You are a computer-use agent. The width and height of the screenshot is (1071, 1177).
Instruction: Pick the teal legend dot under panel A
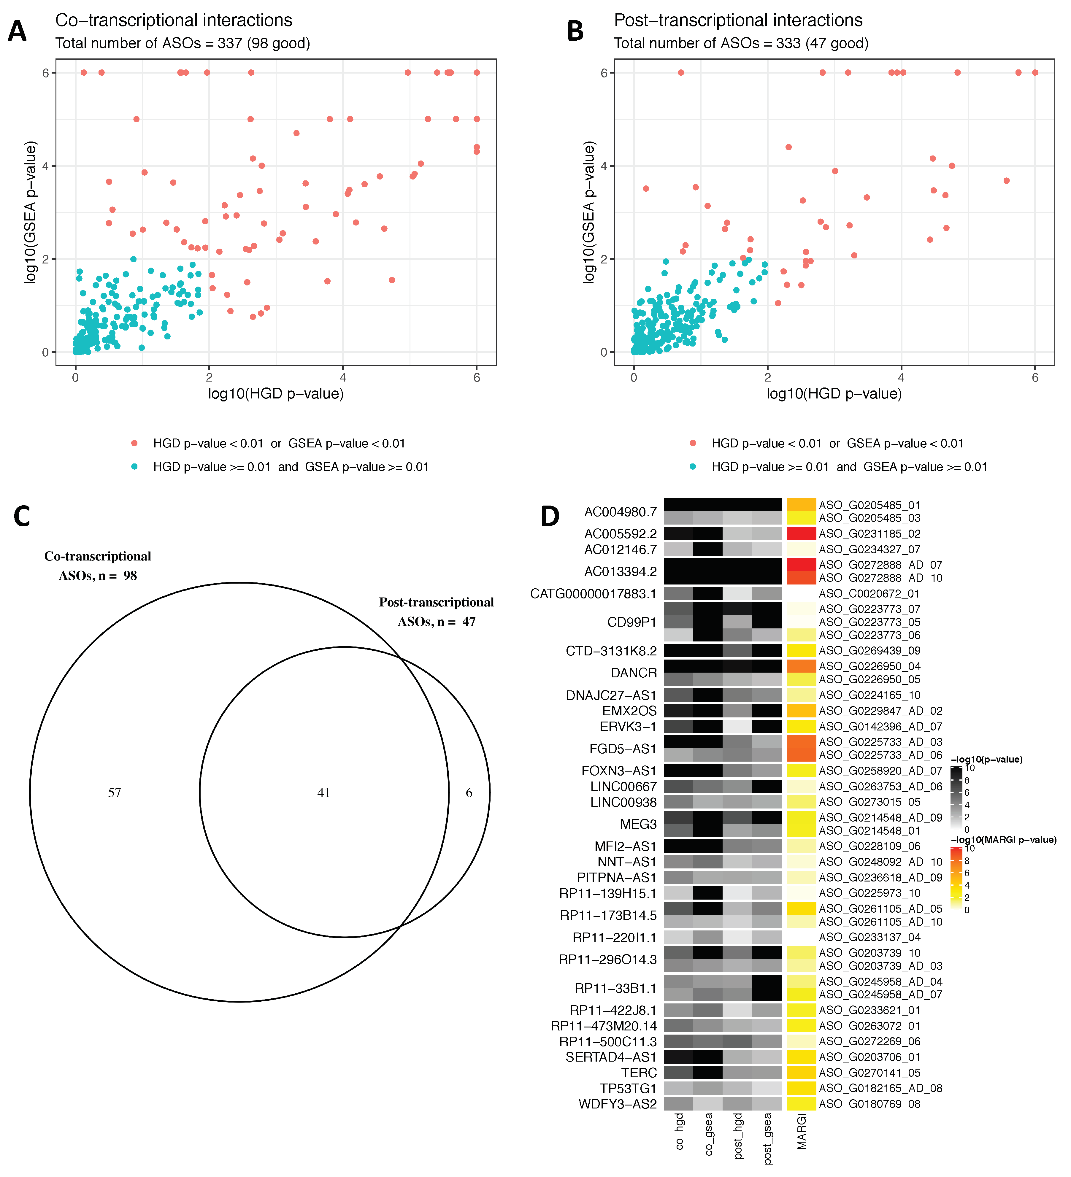[x=134, y=466]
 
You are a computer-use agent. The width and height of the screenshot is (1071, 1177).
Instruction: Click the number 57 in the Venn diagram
[x=115, y=792]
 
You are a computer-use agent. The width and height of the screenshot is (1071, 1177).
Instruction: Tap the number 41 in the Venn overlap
[x=323, y=792]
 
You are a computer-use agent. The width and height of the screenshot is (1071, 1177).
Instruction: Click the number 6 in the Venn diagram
[x=469, y=792]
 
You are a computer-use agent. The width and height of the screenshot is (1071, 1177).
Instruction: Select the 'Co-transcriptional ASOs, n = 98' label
[x=98, y=566]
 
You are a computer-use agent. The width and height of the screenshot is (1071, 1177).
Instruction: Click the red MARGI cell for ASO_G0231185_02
[x=801, y=534]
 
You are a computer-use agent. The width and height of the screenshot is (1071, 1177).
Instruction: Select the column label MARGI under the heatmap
[x=801, y=1131]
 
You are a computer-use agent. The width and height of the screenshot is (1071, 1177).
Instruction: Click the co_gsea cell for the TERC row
[x=708, y=1073]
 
